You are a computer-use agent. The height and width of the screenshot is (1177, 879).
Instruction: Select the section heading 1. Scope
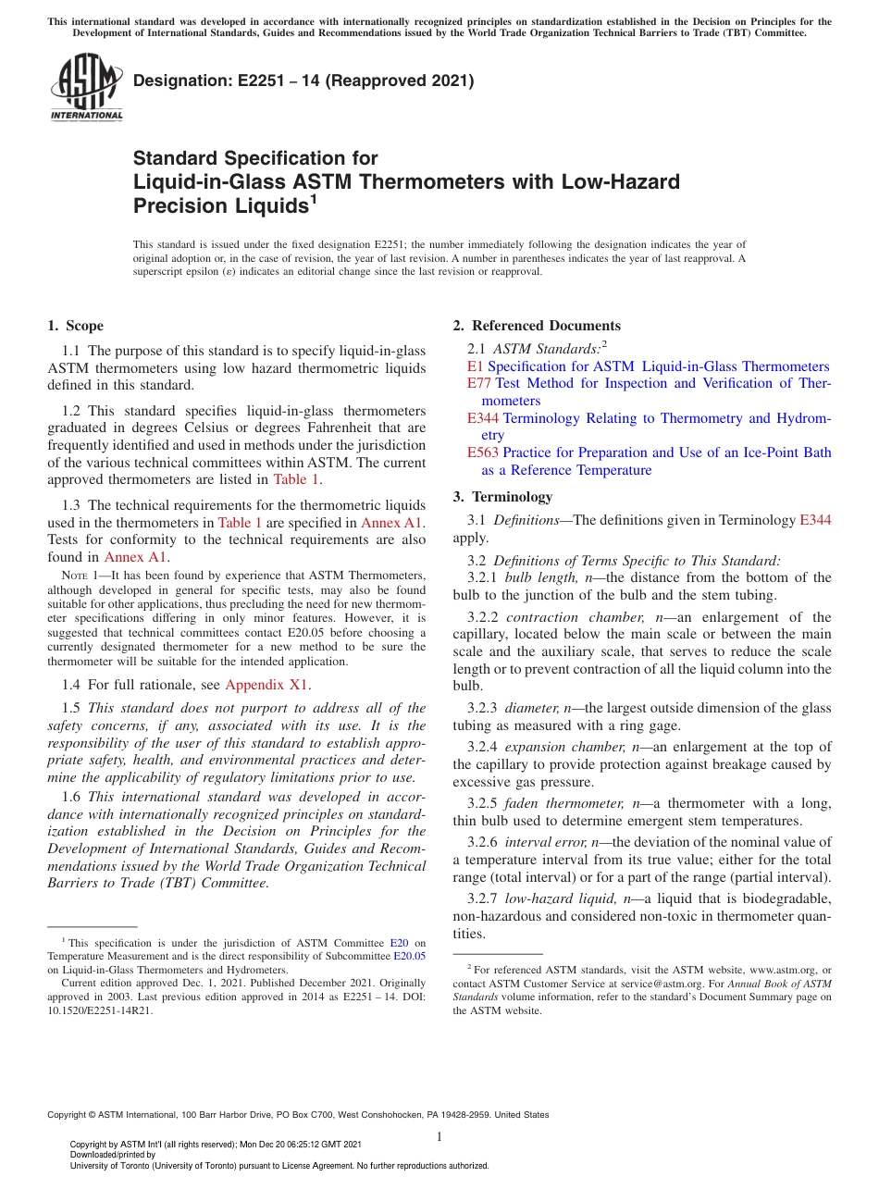coord(76,326)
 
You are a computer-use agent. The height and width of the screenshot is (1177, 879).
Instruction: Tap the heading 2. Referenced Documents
coord(537,326)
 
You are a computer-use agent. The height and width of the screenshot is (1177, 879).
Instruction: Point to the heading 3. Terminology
coord(502,497)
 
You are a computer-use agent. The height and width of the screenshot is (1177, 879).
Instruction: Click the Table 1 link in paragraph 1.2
coord(296,479)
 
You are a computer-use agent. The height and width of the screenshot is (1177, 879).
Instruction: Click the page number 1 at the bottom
coord(439,1136)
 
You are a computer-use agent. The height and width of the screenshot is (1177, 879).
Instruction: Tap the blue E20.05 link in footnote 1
coord(410,956)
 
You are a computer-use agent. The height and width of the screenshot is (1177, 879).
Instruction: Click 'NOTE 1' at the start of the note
coord(78,575)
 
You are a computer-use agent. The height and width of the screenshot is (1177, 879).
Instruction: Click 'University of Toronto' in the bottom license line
coord(130,1166)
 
